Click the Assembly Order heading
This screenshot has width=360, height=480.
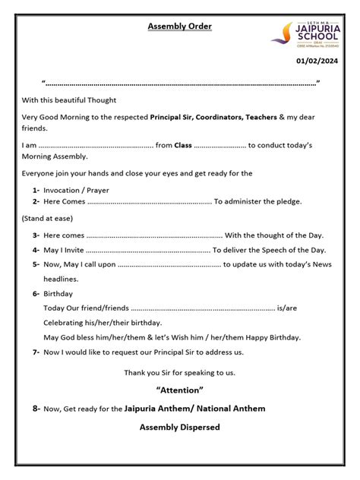coord(179,27)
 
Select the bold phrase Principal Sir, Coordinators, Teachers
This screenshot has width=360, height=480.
coord(213,117)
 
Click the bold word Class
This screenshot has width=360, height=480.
coord(183,144)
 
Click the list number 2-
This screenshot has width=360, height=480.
coord(36,201)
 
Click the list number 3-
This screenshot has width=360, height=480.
coord(36,235)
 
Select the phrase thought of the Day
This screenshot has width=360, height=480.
coord(290,235)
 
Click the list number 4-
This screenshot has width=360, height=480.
coord(36,250)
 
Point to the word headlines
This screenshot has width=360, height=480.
coord(61,279)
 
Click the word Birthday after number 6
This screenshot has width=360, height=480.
coord(58,293)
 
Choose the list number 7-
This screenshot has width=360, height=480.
coord(36,352)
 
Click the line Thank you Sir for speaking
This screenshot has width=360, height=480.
coord(179,372)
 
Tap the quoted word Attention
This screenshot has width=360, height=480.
coord(179,390)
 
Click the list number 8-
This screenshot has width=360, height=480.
coord(36,409)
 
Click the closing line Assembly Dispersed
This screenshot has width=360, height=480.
coord(179,428)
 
